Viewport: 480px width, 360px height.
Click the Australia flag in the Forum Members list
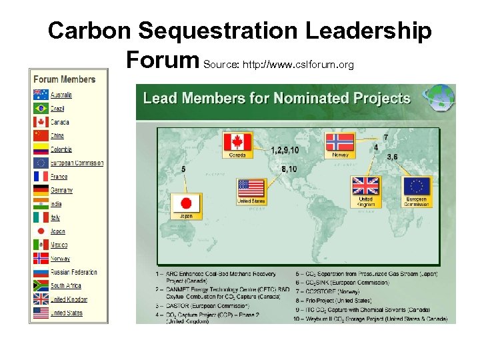tap(41, 95)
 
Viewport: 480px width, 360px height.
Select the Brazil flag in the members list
tap(41, 108)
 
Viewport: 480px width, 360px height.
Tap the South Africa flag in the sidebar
tap(41, 285)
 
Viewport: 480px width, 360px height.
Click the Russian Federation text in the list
tap(74, 272)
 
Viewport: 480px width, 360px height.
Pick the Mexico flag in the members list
tap(41, 245)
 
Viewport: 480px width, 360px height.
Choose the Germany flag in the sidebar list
tap(41, 190)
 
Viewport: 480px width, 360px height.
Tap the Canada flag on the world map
tap(238, 143)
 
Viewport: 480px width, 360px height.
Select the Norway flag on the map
tap(339, 143)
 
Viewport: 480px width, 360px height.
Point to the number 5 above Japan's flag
tap(183, 169)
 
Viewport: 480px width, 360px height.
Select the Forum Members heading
tap(65, 79)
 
